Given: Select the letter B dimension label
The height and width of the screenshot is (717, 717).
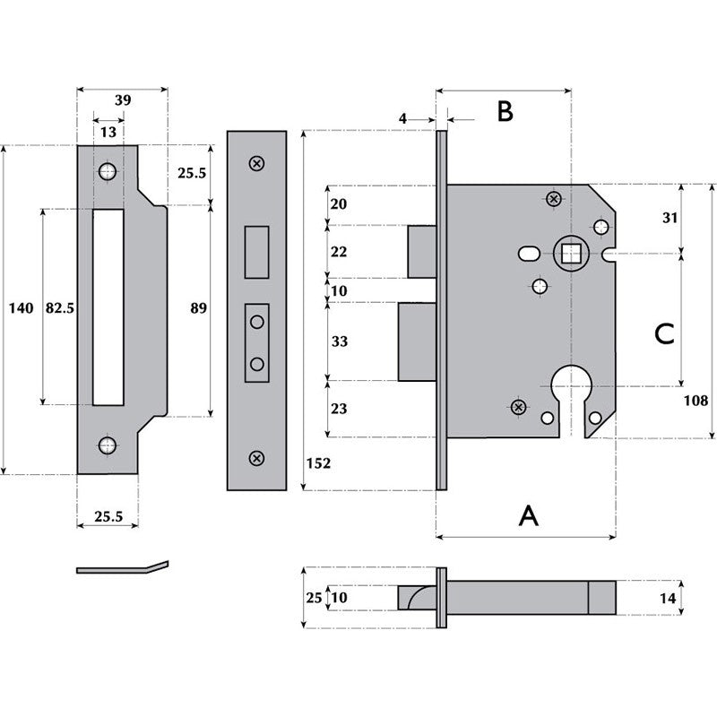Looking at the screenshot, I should (x=505, y=111).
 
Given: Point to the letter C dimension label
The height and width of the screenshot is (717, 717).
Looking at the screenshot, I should (x=663, y=333).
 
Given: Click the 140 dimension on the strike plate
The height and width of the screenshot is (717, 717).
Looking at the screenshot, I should (x=20, y=308).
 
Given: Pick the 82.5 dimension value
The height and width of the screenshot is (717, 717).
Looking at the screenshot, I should (x=58, y=308).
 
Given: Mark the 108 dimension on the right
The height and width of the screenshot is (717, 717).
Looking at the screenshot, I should (x=695, y=401).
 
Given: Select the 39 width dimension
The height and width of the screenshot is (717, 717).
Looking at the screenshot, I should (x=122, y=100).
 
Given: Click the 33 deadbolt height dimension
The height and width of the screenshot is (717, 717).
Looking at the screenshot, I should (x=339, y=341).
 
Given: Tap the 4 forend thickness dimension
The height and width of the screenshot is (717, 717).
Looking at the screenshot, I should (x=403, y=118).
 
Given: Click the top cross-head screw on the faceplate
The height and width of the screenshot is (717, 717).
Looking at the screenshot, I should (x=256, y=163).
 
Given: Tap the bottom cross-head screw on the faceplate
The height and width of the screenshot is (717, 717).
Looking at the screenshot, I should (x=256, y=459).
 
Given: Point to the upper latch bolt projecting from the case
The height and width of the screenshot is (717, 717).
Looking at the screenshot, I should (x=421, y=252).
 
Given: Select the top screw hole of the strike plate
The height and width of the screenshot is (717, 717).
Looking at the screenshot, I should (x=107, y=170).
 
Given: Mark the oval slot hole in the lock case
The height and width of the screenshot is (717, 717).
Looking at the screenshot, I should (x=529, y=255).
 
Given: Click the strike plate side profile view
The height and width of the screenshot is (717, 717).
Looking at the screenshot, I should (x=122, y=567).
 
